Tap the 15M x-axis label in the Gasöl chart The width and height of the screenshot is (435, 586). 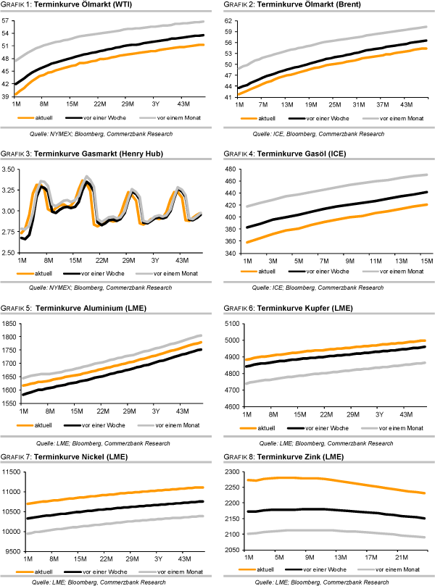[x=424, y=259]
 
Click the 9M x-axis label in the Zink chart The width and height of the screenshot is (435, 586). [x=310, y=558]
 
